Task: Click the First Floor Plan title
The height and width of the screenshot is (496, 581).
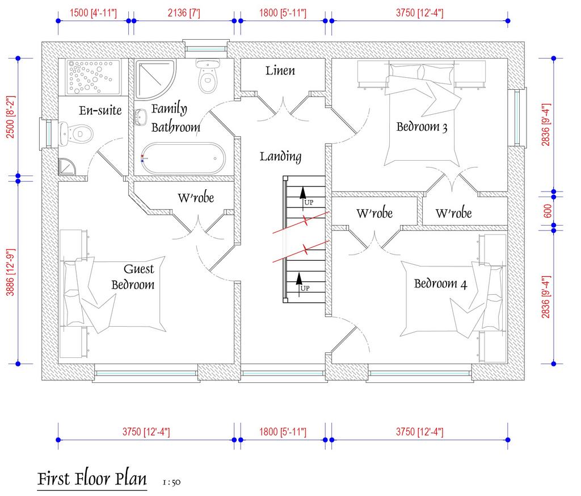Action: [91, 478]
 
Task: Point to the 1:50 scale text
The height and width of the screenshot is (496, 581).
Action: [171, 482]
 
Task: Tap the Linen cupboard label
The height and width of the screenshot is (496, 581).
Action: [280, 71]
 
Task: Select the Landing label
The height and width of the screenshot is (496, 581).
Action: [280, 156]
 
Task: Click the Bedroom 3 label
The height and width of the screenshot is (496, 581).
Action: [422, 127]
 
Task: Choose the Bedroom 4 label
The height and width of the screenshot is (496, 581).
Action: [440, 284]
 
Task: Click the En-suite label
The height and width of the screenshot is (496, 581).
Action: [100, 110]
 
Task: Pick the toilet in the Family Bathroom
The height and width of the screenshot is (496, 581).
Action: [208, 77]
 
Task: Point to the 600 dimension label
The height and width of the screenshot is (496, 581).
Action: [547, 211]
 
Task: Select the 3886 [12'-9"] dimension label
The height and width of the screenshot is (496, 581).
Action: [10, 270]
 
